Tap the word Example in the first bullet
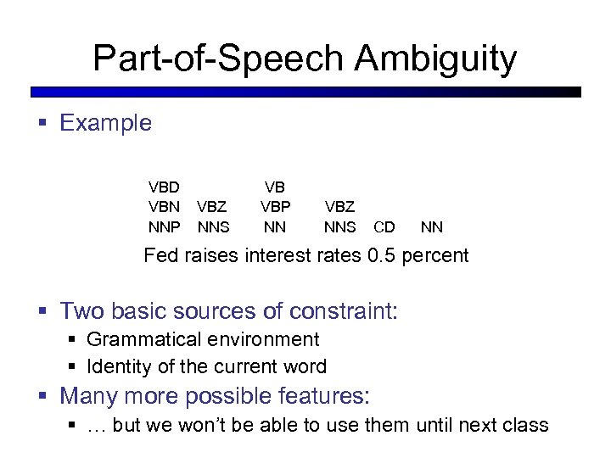click(x=106, y=123)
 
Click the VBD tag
click(x=164, y=187)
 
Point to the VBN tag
click(x=164, y=207)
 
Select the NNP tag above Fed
click(x=164, y=227)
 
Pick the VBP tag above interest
click(x=274, y=207)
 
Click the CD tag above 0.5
click(x=384, y=227)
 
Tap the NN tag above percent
click(x=432, y=227)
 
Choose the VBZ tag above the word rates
click(x=339, y=207)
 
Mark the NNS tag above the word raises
click(x=213, y=227)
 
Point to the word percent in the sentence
click(x=438, y=255)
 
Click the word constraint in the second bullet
click(x=343, y=311)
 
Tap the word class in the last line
click(x=527, y=425)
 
